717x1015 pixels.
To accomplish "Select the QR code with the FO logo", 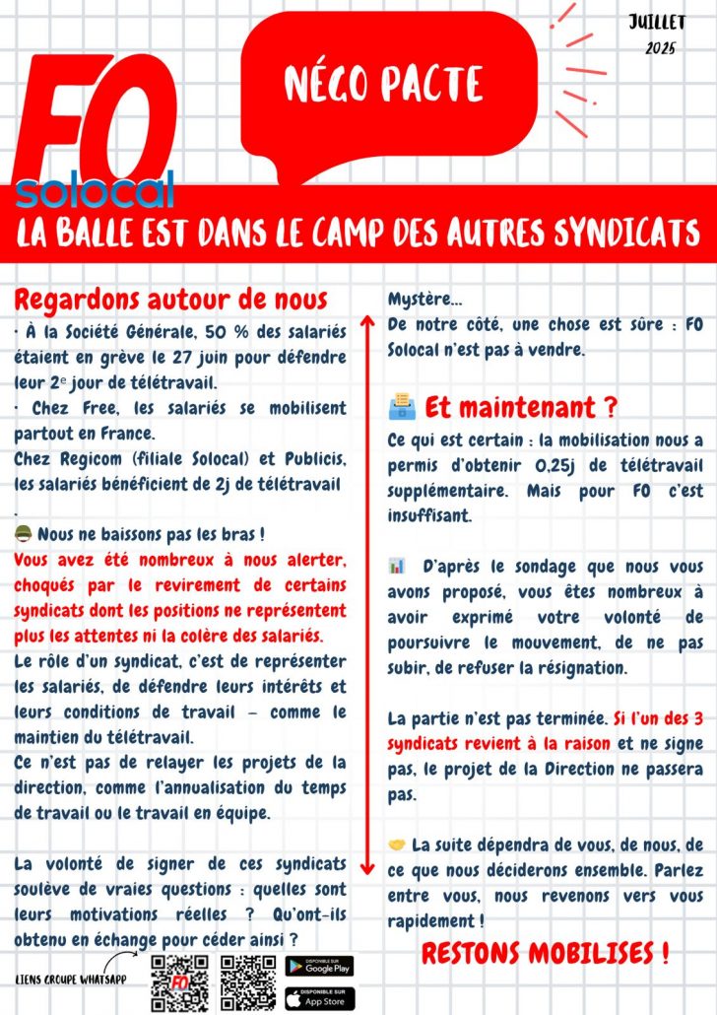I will coord(180,983).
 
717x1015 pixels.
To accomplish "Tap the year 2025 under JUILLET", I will coord(660,48).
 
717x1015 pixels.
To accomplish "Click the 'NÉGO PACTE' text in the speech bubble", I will coord(384,84).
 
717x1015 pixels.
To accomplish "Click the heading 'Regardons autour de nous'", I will coord(170,299).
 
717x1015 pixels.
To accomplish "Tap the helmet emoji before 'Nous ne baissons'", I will coord(23,534).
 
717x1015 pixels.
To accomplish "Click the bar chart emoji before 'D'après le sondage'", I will coord(397,566).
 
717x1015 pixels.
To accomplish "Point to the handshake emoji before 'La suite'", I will coord(397,845).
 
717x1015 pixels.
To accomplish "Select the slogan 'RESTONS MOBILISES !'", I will coord(546,953).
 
